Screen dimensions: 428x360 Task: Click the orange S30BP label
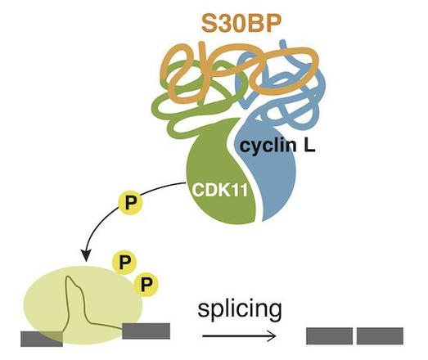tap(241, 23)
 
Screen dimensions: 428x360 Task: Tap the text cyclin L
tap(277, 146)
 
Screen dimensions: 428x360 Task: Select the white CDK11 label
tap(220, 190)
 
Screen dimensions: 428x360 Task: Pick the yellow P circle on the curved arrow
tap(130, 203)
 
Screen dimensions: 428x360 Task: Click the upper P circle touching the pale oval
tap(124, 263)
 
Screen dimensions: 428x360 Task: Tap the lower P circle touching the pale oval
tap(146, 285)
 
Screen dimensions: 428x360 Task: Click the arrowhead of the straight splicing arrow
tap(271, 336)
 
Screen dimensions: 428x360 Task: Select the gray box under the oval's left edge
tap(42, 339)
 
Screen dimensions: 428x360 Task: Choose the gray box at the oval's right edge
tap(146, 331)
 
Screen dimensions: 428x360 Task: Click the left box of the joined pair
tap(329, 336)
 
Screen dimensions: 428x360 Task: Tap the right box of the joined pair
tap(380, 336)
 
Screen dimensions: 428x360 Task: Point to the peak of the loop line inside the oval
tap(69, 277)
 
